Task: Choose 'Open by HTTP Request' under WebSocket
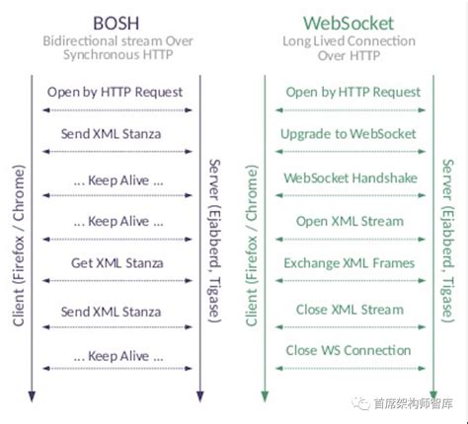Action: click(351, 92)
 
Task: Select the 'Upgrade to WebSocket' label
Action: click(351, 133)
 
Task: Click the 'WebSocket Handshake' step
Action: click(351, 178)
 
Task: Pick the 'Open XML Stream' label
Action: click(351, 221)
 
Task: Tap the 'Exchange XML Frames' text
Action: click(351, 263)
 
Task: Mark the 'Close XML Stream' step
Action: click(351, 310)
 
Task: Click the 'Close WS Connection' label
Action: click(351, 350)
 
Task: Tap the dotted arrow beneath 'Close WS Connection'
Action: click(351, 368)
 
